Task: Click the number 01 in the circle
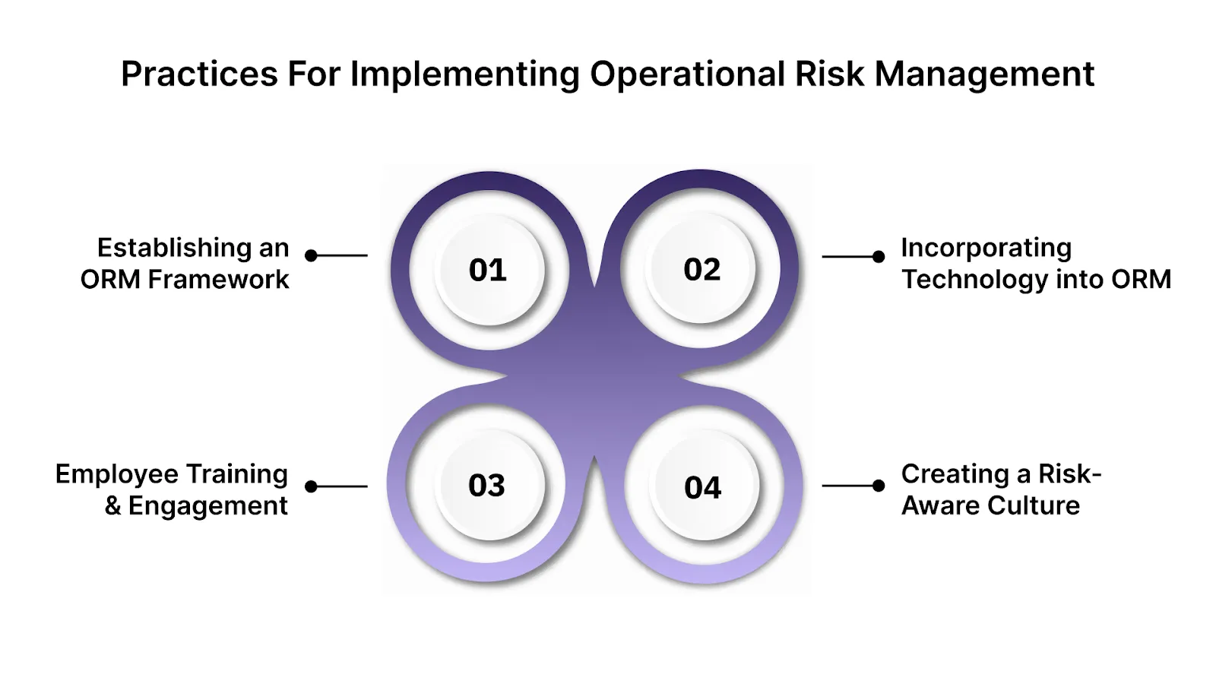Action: (x=487, y=270)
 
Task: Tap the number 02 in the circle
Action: (x=701, y=270)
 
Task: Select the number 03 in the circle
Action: (x=486, y=486)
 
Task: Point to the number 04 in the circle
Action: (x=702, y=487)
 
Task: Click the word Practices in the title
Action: (x=199, y=74)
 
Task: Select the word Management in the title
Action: (x=984, y=74)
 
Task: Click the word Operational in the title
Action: (x=687, y=74)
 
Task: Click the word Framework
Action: (x=218, y=280)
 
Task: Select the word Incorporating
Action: (x=986, y=248)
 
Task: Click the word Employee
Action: (x=116, y=474)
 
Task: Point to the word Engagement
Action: (x=207, y=505)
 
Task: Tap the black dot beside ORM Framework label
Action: (x=311, y=255)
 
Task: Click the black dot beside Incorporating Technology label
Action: (x=879, y=257)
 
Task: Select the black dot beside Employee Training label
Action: (x=311, y=486)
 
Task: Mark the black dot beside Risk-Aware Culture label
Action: (x=879, y=485)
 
